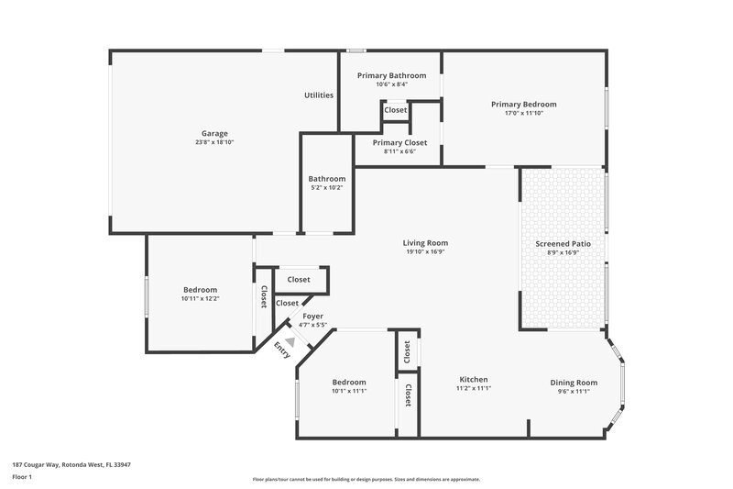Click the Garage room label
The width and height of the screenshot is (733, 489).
point(214,133)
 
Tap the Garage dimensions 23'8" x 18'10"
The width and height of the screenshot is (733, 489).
point(214,143)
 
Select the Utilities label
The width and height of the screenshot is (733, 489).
point(319,95)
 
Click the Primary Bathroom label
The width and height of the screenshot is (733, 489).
point(391,75)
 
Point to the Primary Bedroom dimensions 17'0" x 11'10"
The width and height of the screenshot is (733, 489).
point(523,114)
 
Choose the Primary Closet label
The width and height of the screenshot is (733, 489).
point(399,143)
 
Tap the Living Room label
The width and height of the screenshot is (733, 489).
point(425,243)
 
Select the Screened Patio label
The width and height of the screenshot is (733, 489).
point(563,244)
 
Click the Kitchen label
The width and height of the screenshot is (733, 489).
point(474,380)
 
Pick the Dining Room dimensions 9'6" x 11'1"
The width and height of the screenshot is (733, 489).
point(574,392)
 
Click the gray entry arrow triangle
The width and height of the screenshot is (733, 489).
point(290,341)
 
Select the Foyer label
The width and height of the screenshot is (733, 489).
point(312,317)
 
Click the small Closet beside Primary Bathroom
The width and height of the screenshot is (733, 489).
point(396,110)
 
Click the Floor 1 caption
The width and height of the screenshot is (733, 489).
point(22,478)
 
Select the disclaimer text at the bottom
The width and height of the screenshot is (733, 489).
point(366,479)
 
